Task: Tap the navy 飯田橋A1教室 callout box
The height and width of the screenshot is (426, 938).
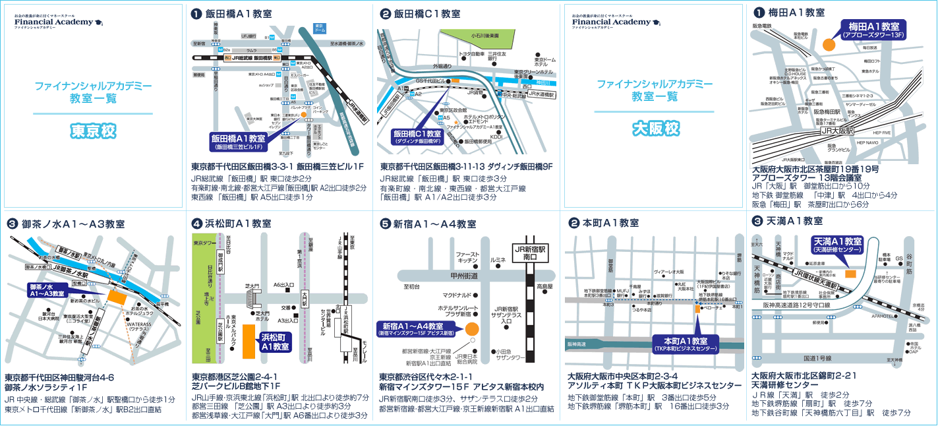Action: click(238, 142)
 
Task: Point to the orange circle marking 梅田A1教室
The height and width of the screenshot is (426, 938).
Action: click(829, 45)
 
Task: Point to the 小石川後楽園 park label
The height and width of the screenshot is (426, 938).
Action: click(486, 37)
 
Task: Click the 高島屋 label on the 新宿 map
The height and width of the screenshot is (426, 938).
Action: click(544, 286)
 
